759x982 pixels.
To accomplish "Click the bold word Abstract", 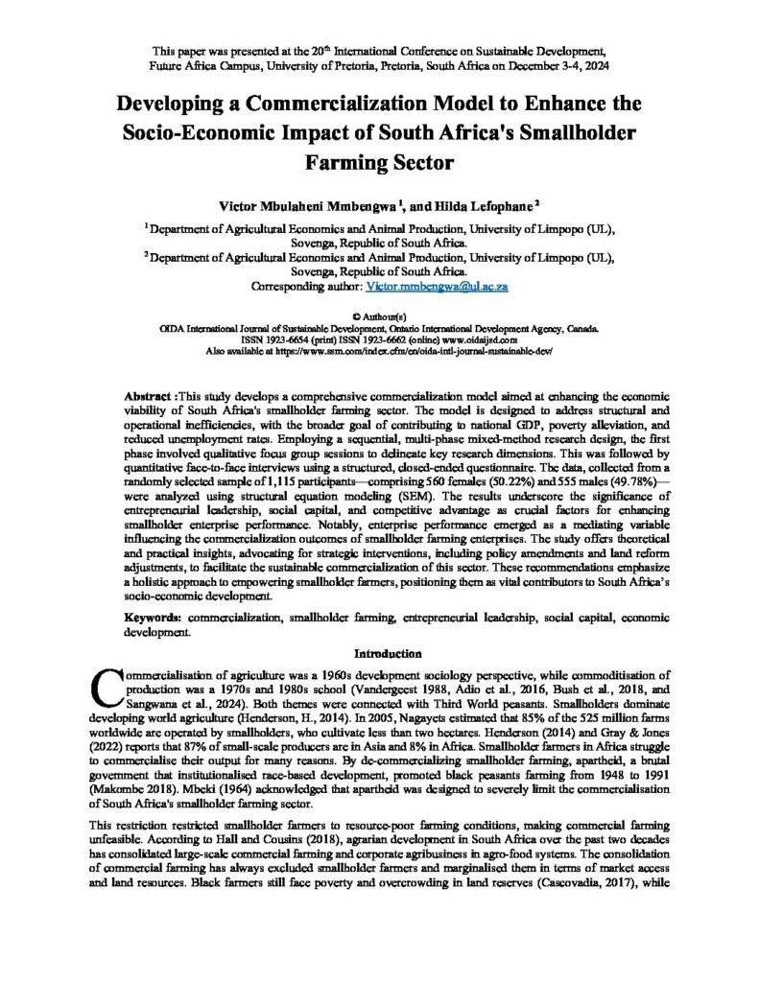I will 148,396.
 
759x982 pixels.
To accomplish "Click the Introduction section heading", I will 380,654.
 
